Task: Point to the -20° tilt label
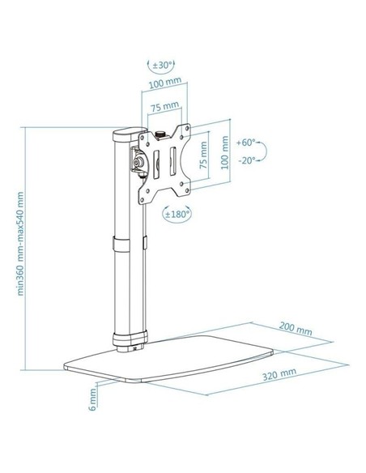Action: click(x=249, y=161)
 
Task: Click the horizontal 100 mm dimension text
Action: click(x=164, y=84)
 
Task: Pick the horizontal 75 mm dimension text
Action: click(x=164, y=106)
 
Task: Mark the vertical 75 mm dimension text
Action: click(x=205, y=152)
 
